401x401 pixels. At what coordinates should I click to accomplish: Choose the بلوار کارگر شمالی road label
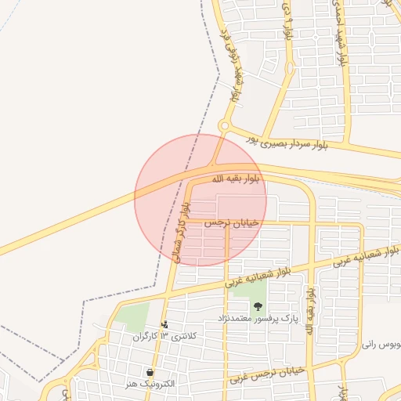coord(181,232)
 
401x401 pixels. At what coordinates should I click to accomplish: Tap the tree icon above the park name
coord(258,306)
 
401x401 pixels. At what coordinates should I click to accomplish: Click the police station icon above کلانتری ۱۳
coord(164,323)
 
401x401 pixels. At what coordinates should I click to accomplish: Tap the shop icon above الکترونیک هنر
coord(150,372)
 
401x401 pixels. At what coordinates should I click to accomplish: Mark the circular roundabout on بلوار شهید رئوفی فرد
coord(224,126)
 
